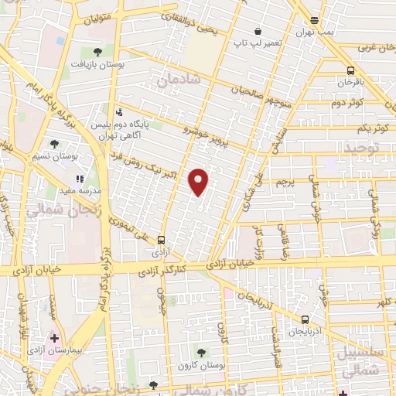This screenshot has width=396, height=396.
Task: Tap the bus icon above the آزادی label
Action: point(161,240)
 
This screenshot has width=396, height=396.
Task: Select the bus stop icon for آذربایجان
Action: point(304,319)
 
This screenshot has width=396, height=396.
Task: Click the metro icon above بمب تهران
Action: point(314,21)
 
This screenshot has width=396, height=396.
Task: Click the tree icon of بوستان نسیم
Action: point(53,144)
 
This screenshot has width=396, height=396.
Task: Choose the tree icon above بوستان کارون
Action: point(203,353)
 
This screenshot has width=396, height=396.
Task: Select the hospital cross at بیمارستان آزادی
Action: point(55,339)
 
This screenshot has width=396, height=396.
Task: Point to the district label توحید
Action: point(363,147)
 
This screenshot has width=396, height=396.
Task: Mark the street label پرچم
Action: point(285,183)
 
